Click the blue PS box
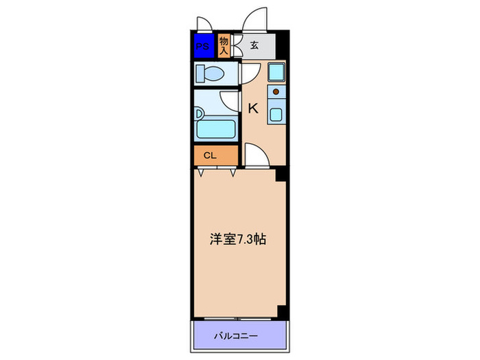pyautogui.click(x=203, y=46)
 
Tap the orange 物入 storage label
pyautogui.click(x=224, y=46)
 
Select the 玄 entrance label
pyautogui.click(x=254, y=46)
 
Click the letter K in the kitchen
pyautogui.click(x=252, y=108)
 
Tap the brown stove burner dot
pyautogui.click(x=276, y=91)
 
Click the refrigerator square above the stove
pyautogui.click(x=276, y=71)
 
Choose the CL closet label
pyautogui.click(x=210, y=156)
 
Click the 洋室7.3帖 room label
pyautogui.click(x=237, y=240)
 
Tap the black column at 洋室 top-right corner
pyautogui.click(x=280, y=176)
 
